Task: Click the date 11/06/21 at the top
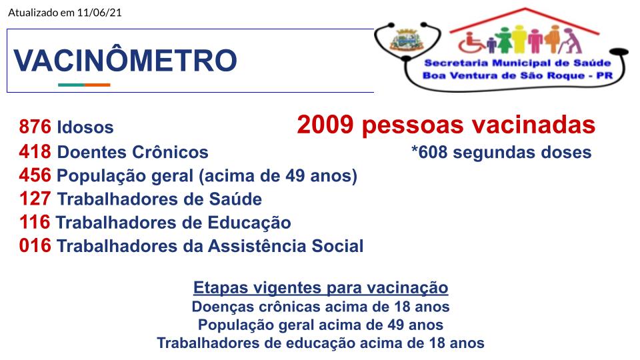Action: tap(99, 12)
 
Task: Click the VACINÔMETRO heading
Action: tap(125, 61)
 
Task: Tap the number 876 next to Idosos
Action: tap(35, 127)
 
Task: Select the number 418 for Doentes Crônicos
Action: tap(35, 152)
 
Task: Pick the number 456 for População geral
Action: tap(35, 175)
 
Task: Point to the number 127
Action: tap(35, 199)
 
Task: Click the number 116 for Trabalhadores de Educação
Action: tap(35, 223)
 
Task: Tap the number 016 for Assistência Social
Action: tap(35, 246)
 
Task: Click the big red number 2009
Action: tap(325, 125)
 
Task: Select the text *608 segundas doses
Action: tap(501, 152)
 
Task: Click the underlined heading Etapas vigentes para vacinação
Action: tap(321, 288)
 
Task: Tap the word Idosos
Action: tap(85, 127)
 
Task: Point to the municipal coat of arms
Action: tap(406, 39)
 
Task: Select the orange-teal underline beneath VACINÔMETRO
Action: tap(84, 85)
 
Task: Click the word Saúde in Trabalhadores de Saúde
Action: tap(235, 199)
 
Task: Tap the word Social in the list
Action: tap(337, 246)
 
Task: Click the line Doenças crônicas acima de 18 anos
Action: tap(321, 307)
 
